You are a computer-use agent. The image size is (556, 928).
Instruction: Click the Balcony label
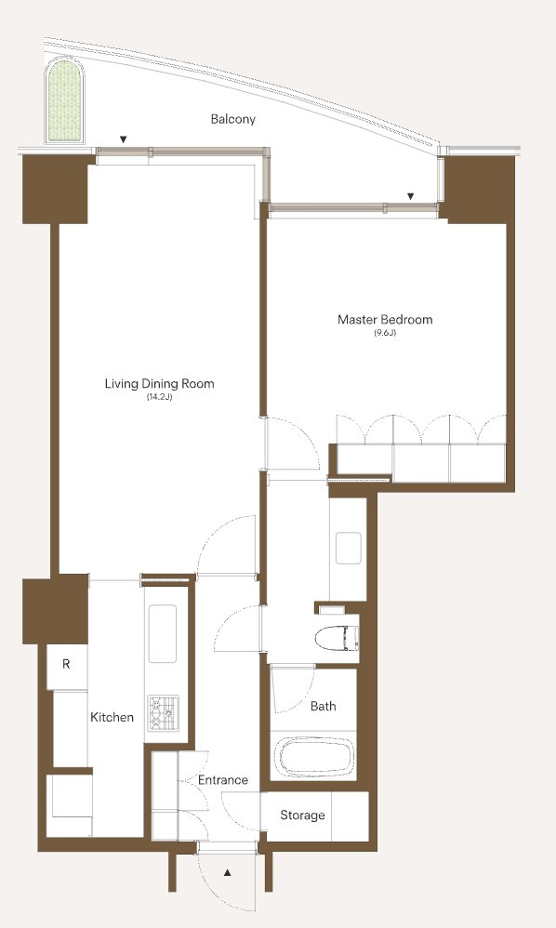point(233,119)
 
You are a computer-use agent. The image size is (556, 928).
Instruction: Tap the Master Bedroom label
point(385,320)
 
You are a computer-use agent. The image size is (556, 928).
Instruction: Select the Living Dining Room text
point(159,383)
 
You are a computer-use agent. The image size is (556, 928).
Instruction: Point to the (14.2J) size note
point(159,397)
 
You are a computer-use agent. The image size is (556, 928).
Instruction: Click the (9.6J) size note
point(385,333)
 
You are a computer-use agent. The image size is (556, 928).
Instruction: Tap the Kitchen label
point(112,717)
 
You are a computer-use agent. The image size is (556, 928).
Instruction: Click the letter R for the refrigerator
point(66,664)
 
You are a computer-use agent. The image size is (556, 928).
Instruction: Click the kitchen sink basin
point(162,633)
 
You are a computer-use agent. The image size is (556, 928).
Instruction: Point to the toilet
point(337,638)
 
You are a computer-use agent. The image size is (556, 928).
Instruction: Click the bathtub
point(312,755)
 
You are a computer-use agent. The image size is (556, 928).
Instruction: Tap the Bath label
point(323,706)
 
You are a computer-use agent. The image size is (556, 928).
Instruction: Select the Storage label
point(302,815)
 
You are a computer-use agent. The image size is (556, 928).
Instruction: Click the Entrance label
point(222,780)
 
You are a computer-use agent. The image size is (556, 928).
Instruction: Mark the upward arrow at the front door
point(227,872)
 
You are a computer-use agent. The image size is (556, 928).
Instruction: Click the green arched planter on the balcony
point(64,100)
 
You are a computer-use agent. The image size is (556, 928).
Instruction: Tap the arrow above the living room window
point(123,139)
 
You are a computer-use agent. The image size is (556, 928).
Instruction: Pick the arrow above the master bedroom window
point(410,196)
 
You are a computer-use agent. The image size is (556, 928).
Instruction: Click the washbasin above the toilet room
point(349,548)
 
